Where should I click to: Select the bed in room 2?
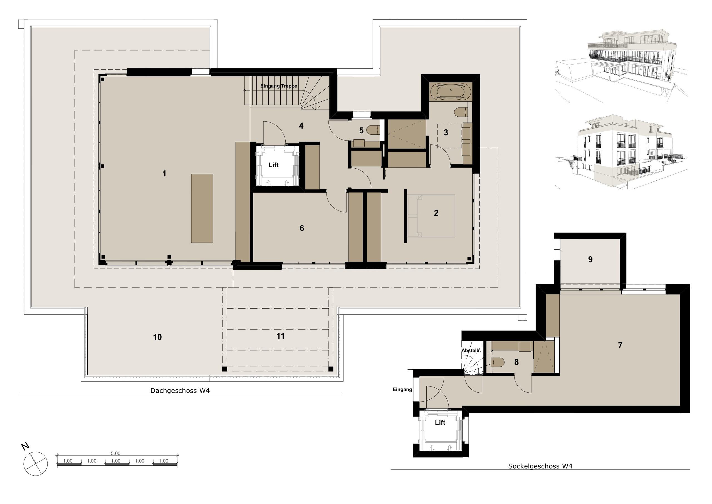pyautogui.click(x=431, y=216)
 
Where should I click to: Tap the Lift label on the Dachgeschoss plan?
pyautogui.click(x=273, y=165)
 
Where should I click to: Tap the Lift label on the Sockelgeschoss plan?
pyautogui.click(x=440, y=422)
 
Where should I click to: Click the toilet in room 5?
pyautogui.click(x=373, y=130)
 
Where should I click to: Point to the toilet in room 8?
pyautogui.click(x=497, y=362)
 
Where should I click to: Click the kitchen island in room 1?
pyautogui.click(x=202, y=208)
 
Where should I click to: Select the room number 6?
pyautogui.click(x=302, y=228)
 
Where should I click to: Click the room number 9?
pyautogui.click(x=590, y=259)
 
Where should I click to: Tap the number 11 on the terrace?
pyautogui.click(x=280, y=336)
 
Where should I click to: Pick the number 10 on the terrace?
pyautogui.click(x=157, y=337)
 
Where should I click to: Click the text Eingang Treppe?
pyautogui.click(x=278, y=86)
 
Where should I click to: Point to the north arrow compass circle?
pyautogui.click(x=36, y=463)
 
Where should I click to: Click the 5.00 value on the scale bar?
pyautogui.click(x=115, y=453)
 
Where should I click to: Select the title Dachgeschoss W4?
pyautogui.click(x=180, y=391)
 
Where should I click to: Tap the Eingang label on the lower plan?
pyautogui.click(x=402, y=390)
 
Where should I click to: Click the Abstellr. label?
pyautogui.click(x=471, y=350)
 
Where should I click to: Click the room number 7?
pyautogui.click(x=620, y=345)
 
